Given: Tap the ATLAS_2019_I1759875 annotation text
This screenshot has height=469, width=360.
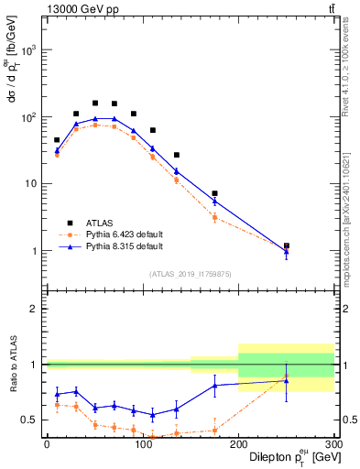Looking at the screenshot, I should coord(190,273).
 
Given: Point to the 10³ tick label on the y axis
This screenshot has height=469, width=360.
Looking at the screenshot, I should coord(29,50).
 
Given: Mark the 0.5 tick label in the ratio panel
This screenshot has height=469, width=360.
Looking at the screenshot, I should coord(31,420).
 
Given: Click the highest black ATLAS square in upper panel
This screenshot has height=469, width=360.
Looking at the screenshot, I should coord(95,103).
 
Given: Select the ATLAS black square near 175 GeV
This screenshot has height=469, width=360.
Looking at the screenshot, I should coord(214,193).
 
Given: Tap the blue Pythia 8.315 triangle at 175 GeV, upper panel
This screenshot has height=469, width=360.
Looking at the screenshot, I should coord(214,201).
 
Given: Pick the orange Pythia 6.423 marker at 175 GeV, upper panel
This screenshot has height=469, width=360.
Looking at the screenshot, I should coord(214,217).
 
